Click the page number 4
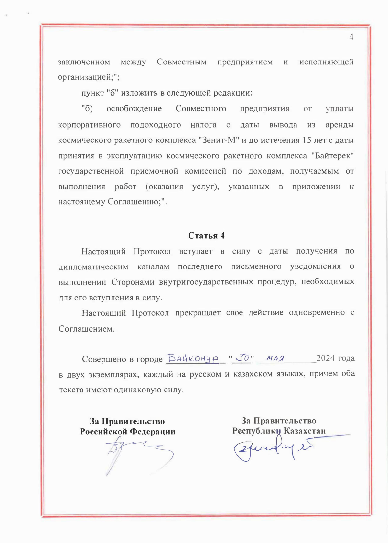click(x=351, y=37)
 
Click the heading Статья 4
click(x=206, y=236)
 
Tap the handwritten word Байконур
click(x=192, y=358)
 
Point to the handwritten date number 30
click(x=242, y=358)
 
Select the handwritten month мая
click(x=275, y=358)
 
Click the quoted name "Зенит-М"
click(x=219, y=140)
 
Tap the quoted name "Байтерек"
click(x=332, y=156)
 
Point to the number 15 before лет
click(x=307, y=140)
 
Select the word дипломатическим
click(x=93, y=266)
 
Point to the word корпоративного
click(x=89, y=125)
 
